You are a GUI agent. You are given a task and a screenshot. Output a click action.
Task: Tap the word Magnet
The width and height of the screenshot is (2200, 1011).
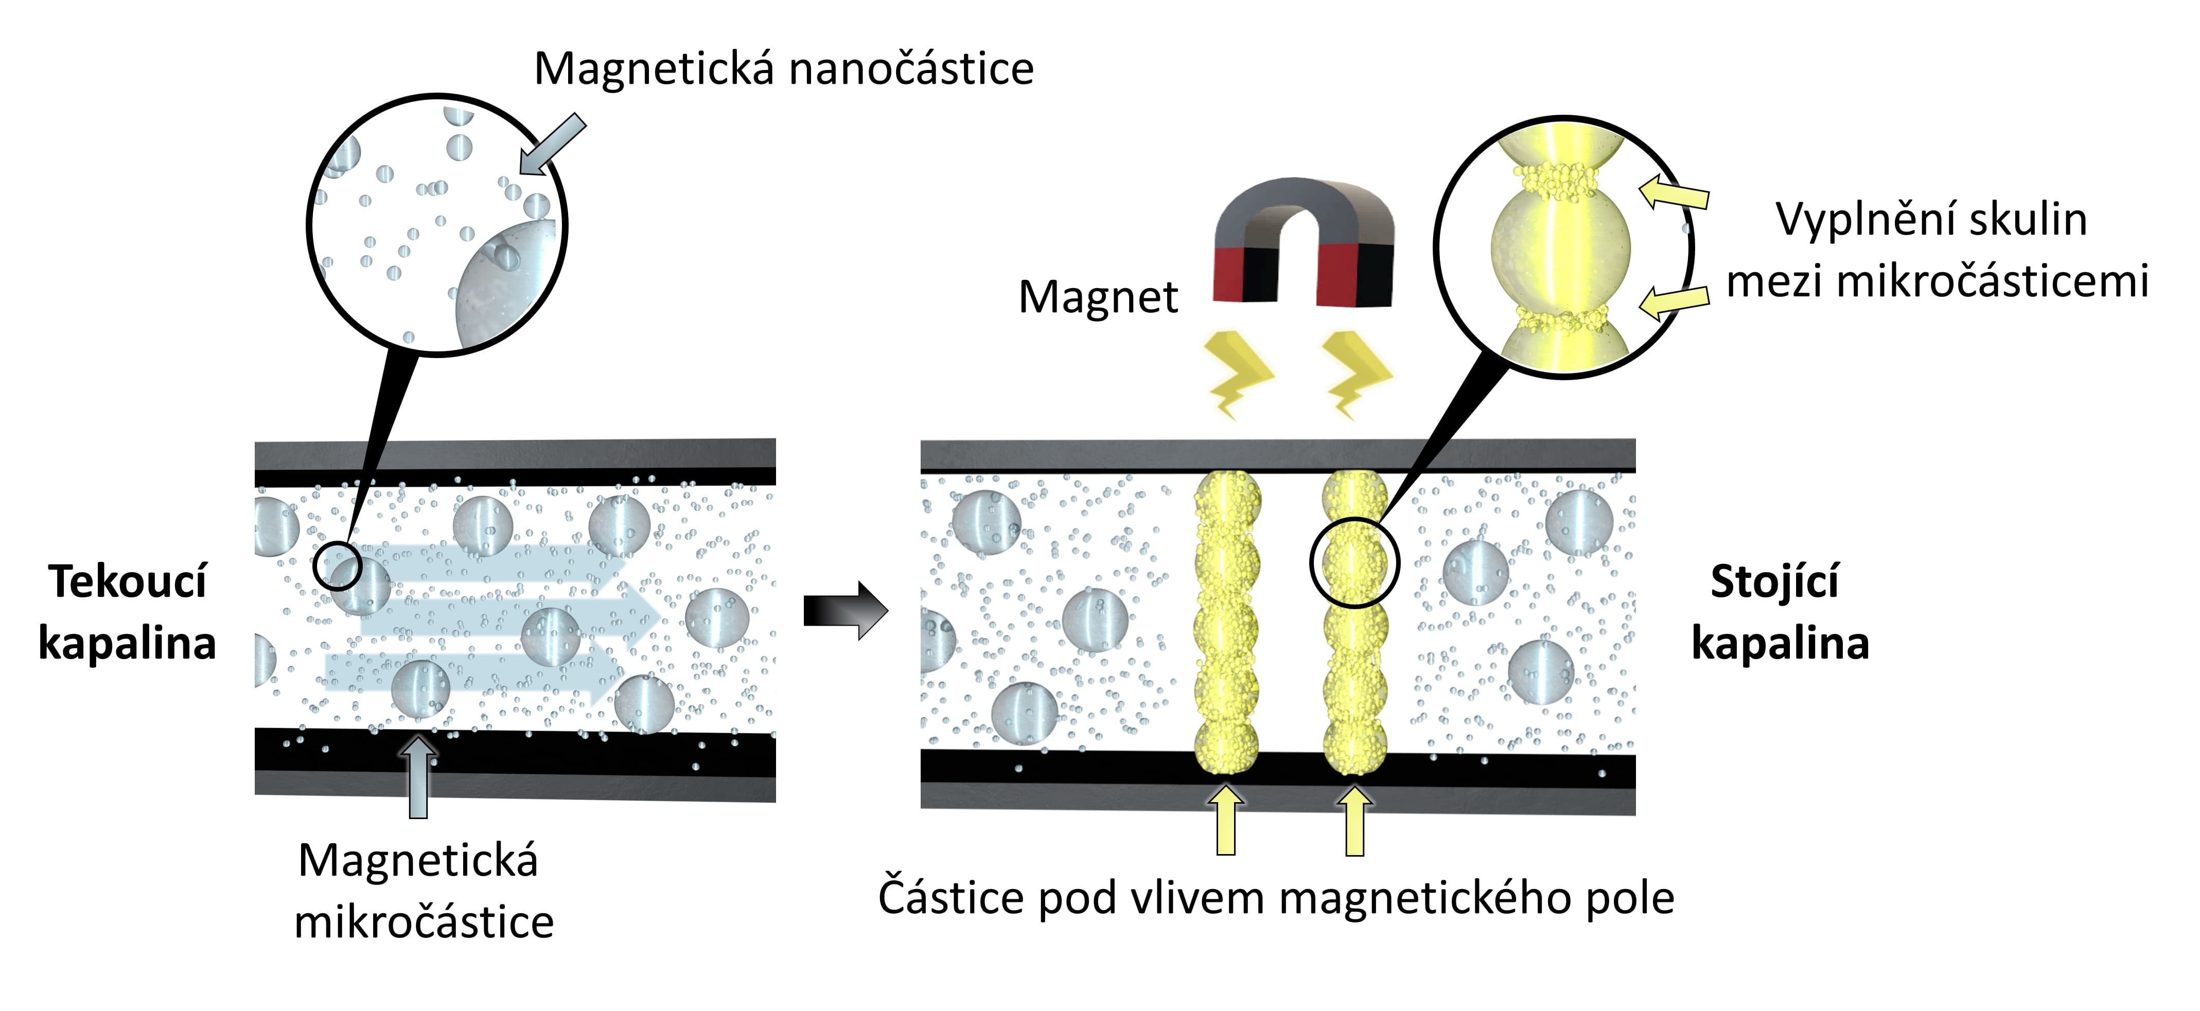[x=1098, y=298]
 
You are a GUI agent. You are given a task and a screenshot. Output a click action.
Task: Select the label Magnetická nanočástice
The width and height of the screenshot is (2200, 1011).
[x=783, y=69]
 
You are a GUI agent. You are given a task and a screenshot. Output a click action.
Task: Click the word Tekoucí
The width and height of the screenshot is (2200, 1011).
[x=128, y=582]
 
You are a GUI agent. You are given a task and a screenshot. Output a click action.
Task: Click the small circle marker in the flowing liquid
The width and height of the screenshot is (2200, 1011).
[x=338, y=565]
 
